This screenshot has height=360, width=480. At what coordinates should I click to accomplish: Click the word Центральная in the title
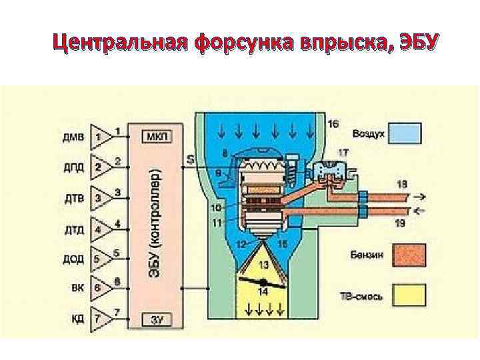(x=121, y=43)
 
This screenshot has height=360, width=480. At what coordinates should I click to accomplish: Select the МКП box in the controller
(x=157, y=136)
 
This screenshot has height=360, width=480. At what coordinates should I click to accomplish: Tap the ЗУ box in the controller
(x=157, y=321)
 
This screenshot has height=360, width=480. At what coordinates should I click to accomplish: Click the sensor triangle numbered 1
(x=100, y=137)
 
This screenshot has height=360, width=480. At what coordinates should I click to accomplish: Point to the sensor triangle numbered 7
(x=100, y=320)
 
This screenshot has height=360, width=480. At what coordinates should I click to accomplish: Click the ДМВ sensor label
(x=73, y=137)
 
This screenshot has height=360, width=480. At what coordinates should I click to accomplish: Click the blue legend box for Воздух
(x=406, y=133)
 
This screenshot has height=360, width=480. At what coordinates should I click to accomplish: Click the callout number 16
(x=333, y=123)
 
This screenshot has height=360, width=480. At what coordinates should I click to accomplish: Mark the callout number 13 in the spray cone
(x=264, y=265)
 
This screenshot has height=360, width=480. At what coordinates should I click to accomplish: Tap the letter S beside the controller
(x=191, y=159)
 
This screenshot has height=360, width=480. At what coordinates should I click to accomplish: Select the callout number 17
(x=343, y=153)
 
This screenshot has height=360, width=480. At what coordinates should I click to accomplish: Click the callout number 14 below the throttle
(x=264, y=291)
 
